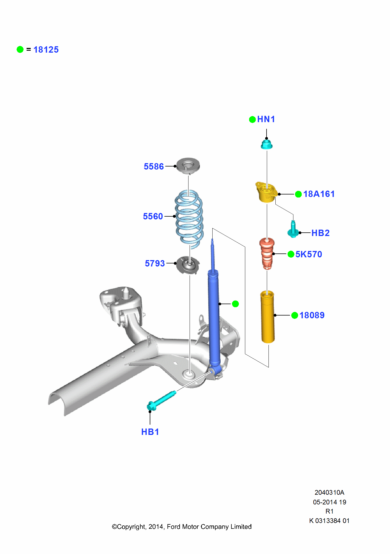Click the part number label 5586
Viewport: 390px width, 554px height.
pos(154,166)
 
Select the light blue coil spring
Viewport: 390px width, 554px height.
pos(189,219)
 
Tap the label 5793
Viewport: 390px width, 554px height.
pos(155,263)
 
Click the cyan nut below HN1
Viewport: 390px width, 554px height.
pos(267,145)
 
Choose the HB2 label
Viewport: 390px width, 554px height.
pos(320,233)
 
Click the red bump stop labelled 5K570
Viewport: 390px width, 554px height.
pos(267,253)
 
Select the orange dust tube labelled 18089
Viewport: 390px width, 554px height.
pos(268,316)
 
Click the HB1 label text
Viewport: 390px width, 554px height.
pos(150,432)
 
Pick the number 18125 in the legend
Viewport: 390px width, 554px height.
pos(46,50)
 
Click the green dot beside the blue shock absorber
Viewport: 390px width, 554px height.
pos(235,304)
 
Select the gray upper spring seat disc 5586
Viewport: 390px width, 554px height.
pos(188,165)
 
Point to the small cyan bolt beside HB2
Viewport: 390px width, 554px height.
pos(293,230)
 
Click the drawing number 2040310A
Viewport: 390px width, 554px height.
pos(329,493)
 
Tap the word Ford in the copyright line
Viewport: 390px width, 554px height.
pos(174,527)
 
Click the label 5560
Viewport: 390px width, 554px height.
pos(153,216)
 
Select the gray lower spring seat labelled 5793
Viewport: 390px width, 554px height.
pos(188,265)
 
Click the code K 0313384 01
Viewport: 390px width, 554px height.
pos(329,521)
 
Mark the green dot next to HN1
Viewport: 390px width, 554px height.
pos(252,119)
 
